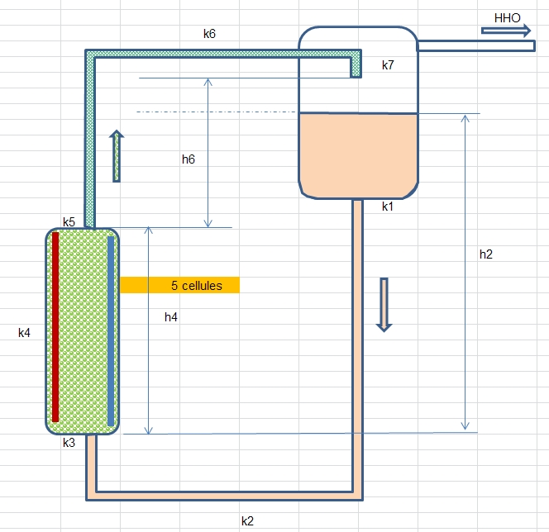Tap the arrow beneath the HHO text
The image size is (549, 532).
point(507,31)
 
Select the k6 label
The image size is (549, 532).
point(210,34)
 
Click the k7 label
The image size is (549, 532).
point(389,65)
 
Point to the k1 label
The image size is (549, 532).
point(389,207)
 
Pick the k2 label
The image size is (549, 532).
point(248,520)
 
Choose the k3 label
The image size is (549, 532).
point(69,443)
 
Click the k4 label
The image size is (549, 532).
point(25,333)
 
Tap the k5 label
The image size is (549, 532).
point(69,222)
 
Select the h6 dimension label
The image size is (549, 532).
point(189,159)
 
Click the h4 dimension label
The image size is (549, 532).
point(171,316)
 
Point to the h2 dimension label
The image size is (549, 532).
point(486,254)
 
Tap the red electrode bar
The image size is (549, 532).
point(55,327)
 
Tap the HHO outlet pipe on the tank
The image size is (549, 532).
point(475,46)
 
